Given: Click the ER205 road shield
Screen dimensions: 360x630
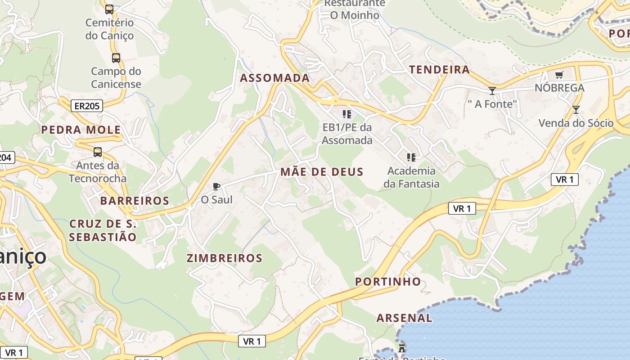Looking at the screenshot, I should click(x=87, y=106).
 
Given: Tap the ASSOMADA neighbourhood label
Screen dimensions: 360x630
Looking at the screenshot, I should click(x=274, y=78).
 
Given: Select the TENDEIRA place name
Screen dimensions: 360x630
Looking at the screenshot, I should click(x=439, y=70).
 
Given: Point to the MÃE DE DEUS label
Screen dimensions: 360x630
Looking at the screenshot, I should click(x=321, y=171).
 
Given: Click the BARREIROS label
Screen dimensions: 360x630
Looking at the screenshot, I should click(x=135, y=201).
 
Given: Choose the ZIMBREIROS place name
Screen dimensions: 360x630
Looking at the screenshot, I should click(x=224, y=258).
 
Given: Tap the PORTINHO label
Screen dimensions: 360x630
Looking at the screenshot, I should click(x=388, y=282).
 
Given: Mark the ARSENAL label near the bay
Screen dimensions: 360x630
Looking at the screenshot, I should click(x=404, y=318).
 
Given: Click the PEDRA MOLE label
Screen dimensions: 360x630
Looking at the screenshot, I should click(x=81, y=130).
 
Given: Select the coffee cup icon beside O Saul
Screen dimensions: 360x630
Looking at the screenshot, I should click(x=216, y=186).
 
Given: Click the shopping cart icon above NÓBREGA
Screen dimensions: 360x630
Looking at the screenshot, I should click(x=559, y=75).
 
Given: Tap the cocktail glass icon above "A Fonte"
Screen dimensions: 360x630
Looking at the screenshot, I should click(x=492, y=90).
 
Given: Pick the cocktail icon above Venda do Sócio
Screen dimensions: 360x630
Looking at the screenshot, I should click(x=576, y=109).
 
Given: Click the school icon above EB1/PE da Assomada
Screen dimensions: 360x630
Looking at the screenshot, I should click(x=346, y=114).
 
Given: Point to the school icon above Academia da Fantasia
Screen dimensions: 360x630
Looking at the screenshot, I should click(x=411, y=157).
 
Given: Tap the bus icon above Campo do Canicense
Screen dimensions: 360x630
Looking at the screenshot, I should click(x=116, y=58).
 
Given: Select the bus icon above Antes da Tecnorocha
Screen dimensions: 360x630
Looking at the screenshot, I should click(x=98, y=152).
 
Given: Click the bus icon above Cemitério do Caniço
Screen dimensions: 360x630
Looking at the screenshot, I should click(x=109, y=9).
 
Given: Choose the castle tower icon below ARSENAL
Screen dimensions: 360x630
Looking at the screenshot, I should click(x=402, y=348).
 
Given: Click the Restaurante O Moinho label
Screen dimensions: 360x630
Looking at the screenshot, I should click(x=354, y=9).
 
